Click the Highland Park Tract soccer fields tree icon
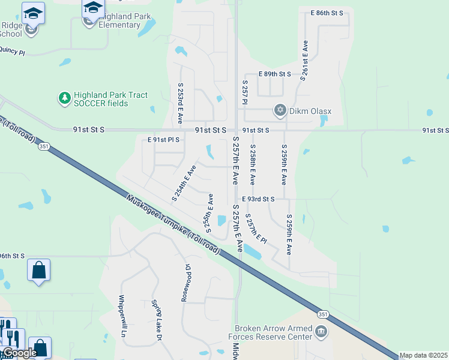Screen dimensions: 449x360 click(64, 98)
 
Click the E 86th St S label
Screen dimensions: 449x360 click(327, 13)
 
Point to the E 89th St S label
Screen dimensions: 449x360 click(274, 74)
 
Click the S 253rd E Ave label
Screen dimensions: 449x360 click(179, 103)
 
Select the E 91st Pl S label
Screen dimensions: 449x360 click(163, 140)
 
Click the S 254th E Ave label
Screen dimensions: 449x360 click(184, 182)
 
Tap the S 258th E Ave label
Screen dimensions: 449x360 click(253, 164)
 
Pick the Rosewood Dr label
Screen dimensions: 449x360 click(185, 283)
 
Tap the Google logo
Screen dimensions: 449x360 click(20, 353)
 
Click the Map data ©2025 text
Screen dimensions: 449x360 click(424, 355)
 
